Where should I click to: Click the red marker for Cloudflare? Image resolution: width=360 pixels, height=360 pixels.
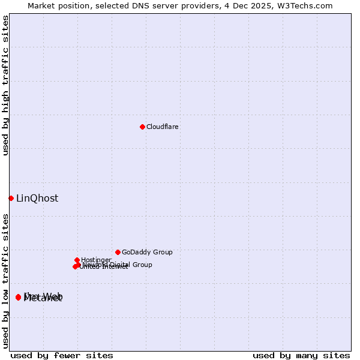pyautogui.click(x=142, y=127)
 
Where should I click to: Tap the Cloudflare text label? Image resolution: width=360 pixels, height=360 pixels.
pyautogui.click(x=163, y=127)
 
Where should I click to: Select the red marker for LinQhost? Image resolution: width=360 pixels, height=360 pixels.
pyautogui.click(x=11, y=198)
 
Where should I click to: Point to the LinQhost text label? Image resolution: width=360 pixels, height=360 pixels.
pyautogui.click(x=37, y=199)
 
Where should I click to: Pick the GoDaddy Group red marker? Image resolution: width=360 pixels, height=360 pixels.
pyautogui.click(x=118, y=252)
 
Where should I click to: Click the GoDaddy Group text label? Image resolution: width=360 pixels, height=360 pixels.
pyautogui.click(x=147, y=252)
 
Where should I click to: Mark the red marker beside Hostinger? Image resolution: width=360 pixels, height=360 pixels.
pyautogui.click(x=77, y=260)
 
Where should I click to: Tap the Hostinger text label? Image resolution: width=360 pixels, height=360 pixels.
pyautogui.click(x=97, y=260)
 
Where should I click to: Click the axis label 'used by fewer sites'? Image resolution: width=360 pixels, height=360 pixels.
pyautogui.click(x=62, y=355)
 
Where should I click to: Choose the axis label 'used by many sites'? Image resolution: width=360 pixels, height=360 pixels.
pyautogui.click(x=301, y=355)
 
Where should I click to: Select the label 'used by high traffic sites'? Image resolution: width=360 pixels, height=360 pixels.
pyautogui.click(x=5, y=85)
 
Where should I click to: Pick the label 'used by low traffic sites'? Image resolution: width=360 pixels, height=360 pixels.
pyautogui.click(x=5, y=280)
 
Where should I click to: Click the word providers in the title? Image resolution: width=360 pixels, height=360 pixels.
pyautogui.click(x=206, y=6)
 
